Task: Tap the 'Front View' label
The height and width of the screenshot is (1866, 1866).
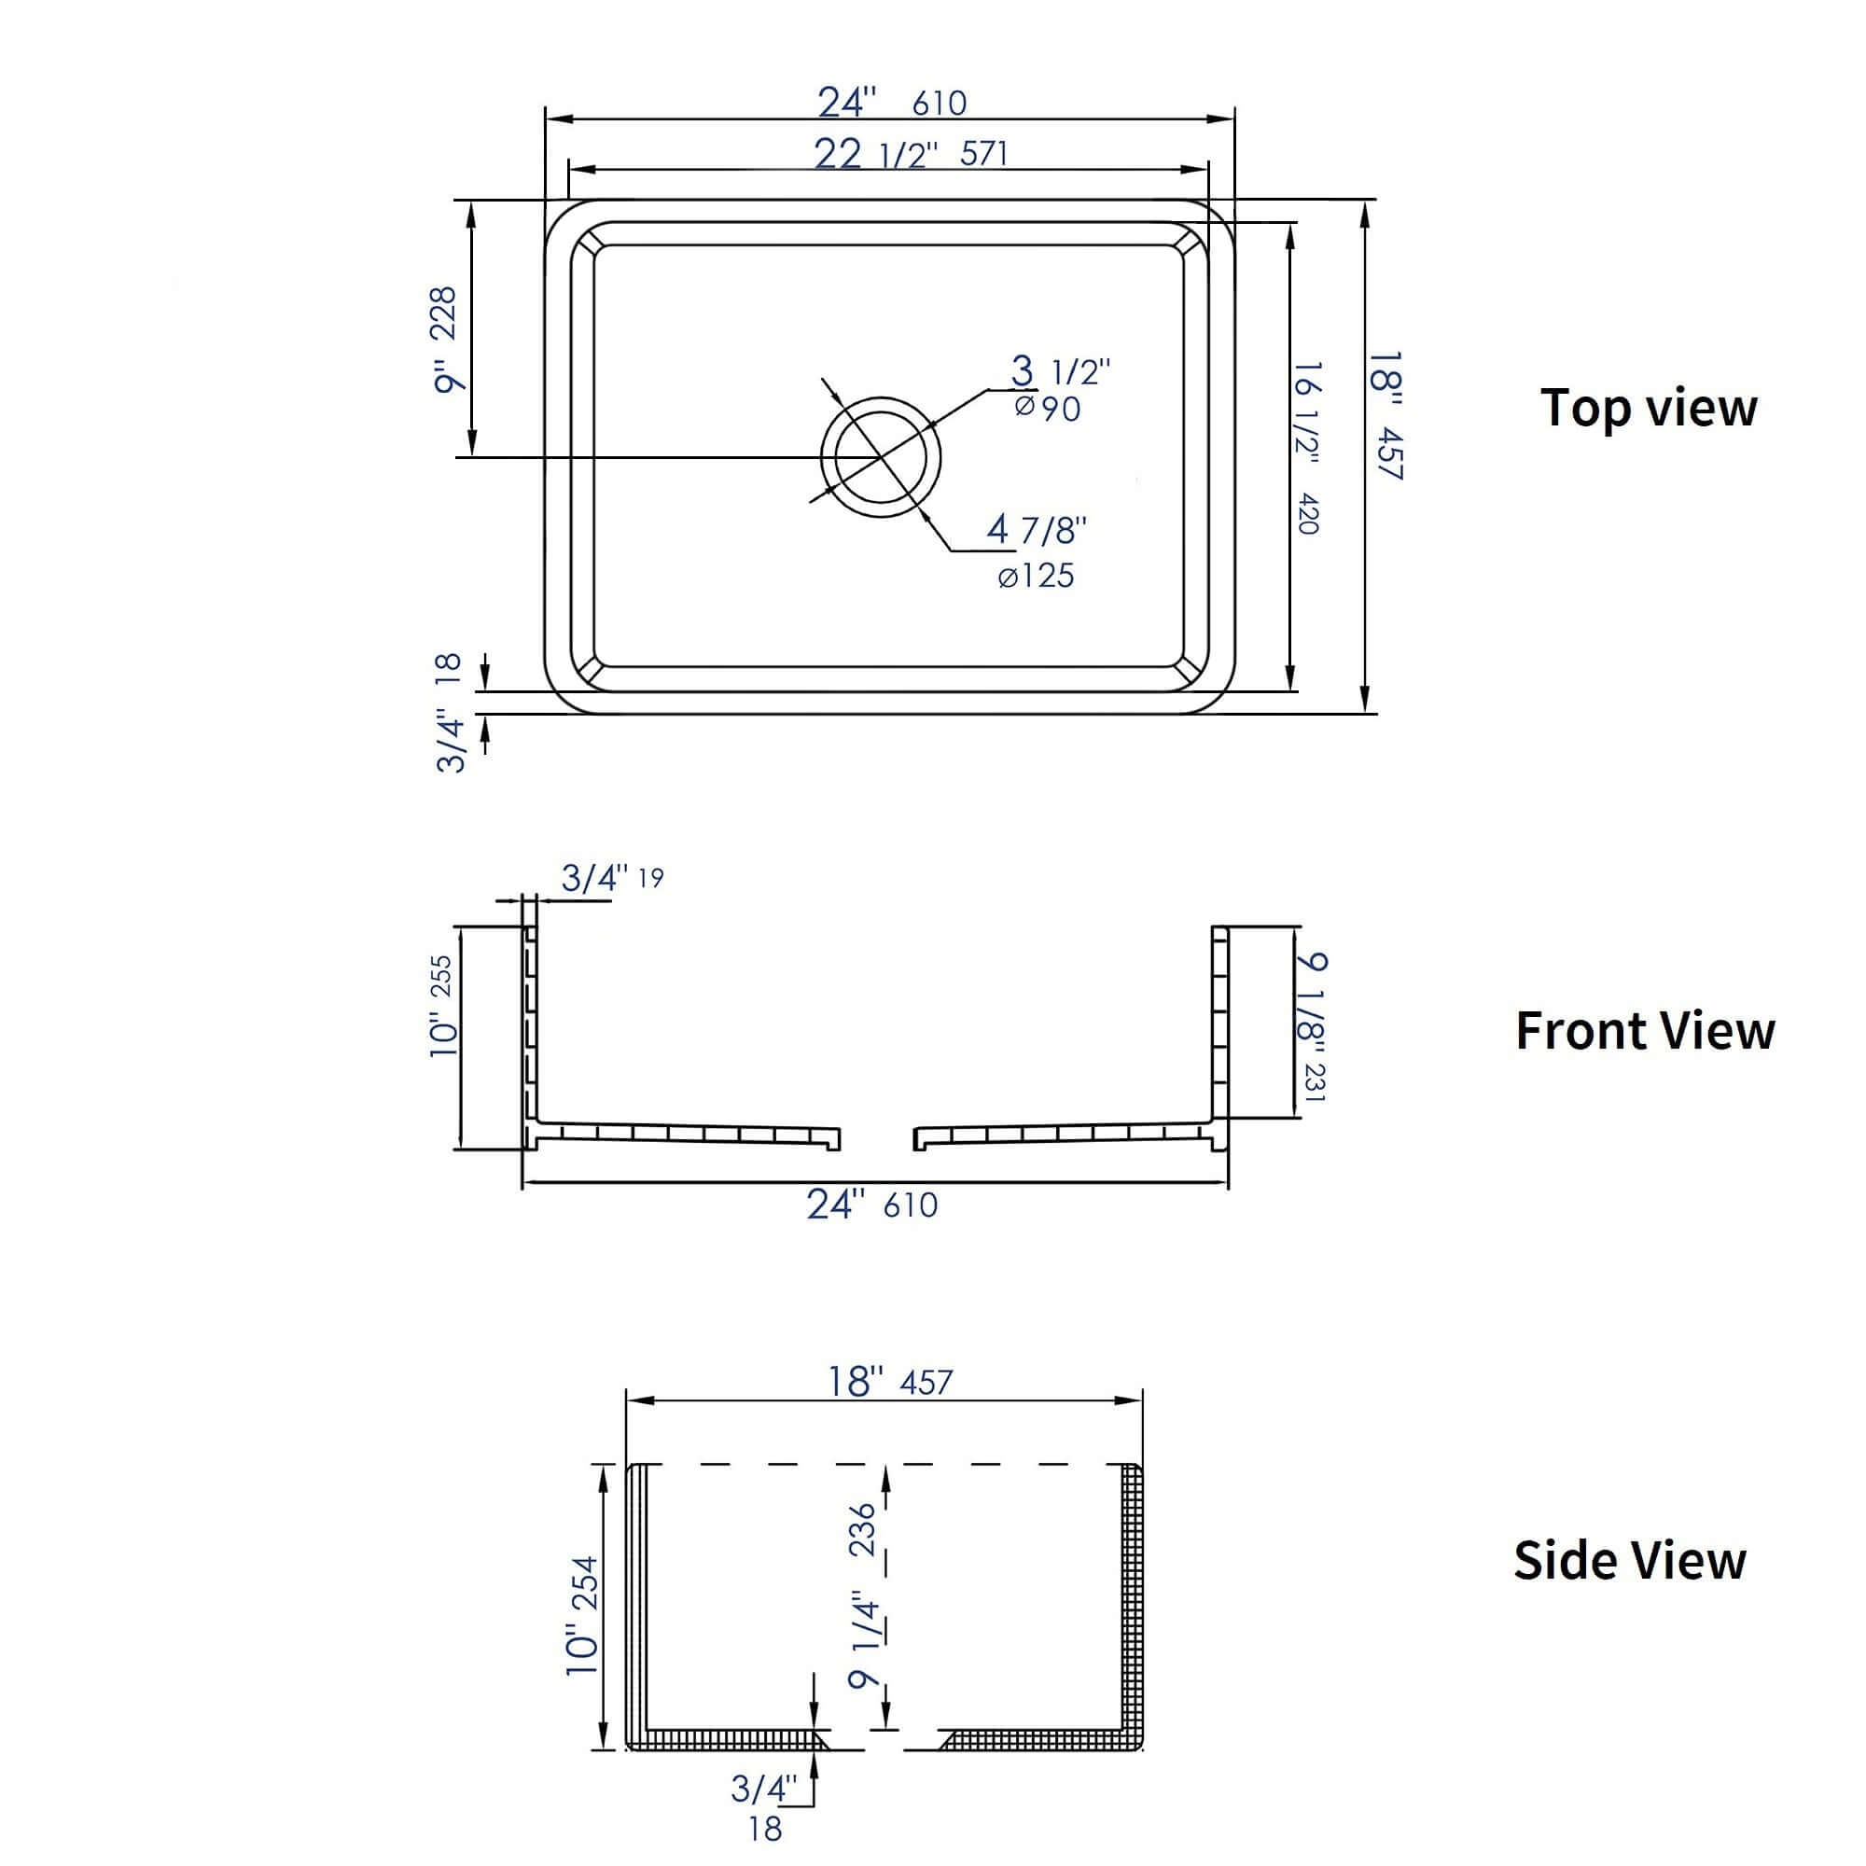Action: pos(1645,1031)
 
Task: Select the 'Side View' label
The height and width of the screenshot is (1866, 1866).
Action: pos(1629,1560)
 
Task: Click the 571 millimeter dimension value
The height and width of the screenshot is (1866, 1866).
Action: pos(983,154)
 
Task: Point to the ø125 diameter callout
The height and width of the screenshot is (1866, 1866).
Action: pos(1036,577)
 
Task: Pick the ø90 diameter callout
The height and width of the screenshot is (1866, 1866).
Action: pos(1048,409)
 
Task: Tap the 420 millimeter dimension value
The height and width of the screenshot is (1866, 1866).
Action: pos(1308,513)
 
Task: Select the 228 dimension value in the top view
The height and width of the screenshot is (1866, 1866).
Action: pos(443,313)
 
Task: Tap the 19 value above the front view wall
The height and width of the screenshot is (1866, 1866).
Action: pos(651,878)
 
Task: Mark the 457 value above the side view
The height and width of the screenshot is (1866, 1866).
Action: pos(926,1382)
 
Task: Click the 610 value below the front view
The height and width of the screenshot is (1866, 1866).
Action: pos(910,1205)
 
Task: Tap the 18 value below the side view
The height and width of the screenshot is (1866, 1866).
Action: pos(765,1829)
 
